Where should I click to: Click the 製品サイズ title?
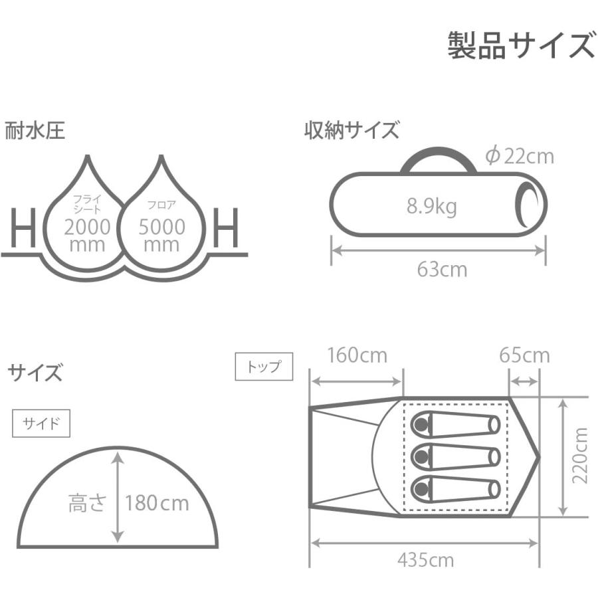(522, 45)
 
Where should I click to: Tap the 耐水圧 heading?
(35, 130)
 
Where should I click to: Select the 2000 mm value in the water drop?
(87, 235)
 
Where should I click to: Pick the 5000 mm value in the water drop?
(161, 235)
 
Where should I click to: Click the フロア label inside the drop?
(161, 205)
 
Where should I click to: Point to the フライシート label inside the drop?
(87, 204)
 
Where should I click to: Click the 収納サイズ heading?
(351, 130)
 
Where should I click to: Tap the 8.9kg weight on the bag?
(431, 207)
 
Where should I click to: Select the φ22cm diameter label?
(520, 156)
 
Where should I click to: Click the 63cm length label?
(442, 270)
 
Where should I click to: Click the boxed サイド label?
(41, 423)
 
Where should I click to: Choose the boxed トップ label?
(264, 367)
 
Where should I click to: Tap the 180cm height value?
(157, 503)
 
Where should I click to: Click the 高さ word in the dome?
(87, 503)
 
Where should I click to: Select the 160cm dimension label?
(357, 355)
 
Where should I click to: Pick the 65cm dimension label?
(524, 355)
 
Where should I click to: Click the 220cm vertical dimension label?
(580, 455)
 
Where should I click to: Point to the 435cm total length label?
(426, 560)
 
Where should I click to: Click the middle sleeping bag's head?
(421, 456)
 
